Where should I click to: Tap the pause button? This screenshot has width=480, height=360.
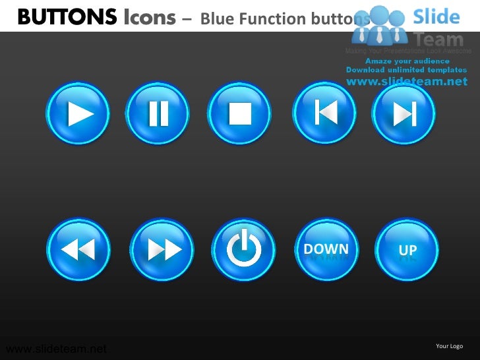pyautogui.click(x=158, y=114)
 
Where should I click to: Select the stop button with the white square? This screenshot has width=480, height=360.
pyautogui.click(x=240, y=114)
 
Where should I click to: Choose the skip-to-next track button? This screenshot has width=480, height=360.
pyautogui.click(x=404, y=114)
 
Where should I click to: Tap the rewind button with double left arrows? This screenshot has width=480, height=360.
pyautogui.click(x=78, y=250)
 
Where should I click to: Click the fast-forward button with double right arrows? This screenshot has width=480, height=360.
pyautogui.click(x=163, y=250)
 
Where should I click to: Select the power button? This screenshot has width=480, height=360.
pyautogui.click(x=244, y=250)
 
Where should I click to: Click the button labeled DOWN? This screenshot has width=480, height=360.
pyautogui.click(x=326, y=249)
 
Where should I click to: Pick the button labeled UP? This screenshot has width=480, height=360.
pyautogui.click(x=407, y=250)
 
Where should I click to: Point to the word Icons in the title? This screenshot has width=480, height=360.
pyautogui.click(x=150, y=18)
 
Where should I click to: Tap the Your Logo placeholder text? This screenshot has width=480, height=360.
pyautogui.click(x=450, y=346)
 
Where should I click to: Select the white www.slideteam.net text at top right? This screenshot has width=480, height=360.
pyautogui.click(x=407, y=81)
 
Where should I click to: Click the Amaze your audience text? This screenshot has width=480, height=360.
pyautogui.click(x=407, y=61)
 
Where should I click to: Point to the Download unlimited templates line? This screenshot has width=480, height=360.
pyautogui.click(x=407, y=70)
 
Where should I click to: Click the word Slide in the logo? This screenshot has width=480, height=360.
pyautogui.click(x=436, y=16)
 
